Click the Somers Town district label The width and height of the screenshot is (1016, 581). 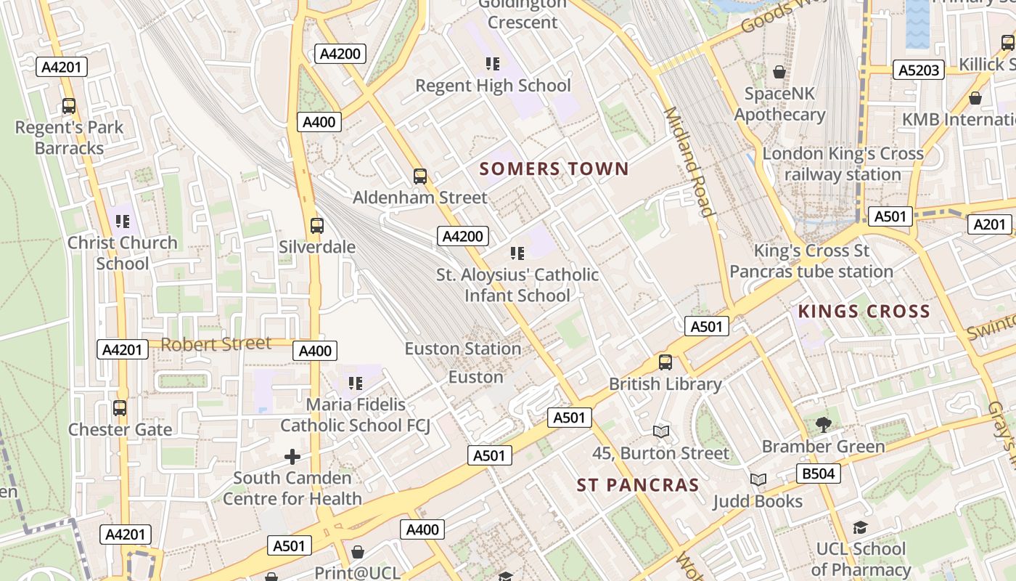tap(554, 169)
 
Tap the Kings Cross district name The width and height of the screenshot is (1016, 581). tap(864, 312)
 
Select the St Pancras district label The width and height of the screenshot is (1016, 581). tap(638, 485)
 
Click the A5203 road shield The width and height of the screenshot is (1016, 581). tap(919, 70)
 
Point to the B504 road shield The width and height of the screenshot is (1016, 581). tap(819, 474)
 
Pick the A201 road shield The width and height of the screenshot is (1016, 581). tap(989, 224)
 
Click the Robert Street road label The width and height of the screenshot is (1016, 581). tap(216, 344)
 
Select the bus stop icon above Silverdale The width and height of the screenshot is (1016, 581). tap(317, 225)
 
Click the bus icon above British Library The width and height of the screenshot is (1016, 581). tap(665, 362)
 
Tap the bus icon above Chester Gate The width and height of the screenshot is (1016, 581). tap(120, 408)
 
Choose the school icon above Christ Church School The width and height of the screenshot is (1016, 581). tap(122, 221)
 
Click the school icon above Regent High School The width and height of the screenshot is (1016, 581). tap(493, 64)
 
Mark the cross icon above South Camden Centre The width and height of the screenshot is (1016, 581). tap(292, 456)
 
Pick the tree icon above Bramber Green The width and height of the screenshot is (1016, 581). tap(823, 425)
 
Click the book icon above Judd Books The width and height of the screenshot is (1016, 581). tap(758, 480)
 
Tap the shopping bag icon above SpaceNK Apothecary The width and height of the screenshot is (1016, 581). tap(779, 72)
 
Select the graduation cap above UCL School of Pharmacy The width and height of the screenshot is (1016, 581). tap(860, 527)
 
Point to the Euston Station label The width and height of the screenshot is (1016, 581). tap(462, 349)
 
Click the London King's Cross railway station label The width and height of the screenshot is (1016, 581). tap(843, 164)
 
